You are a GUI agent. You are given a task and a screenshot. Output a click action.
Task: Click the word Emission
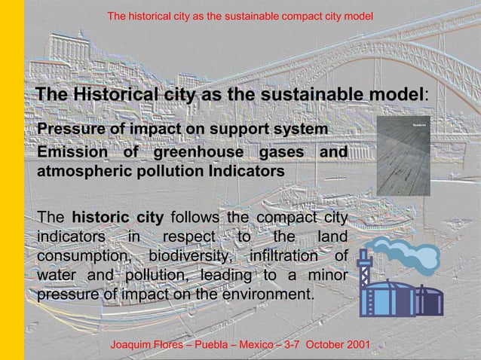click(67, 153)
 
